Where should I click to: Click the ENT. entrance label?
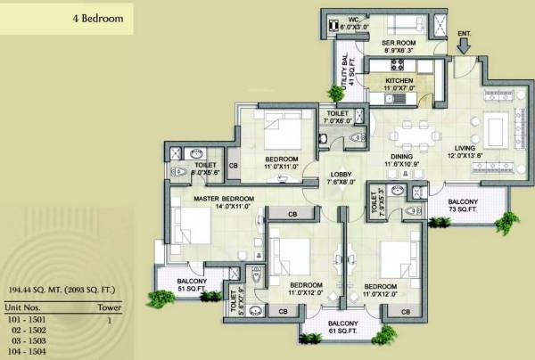point(464,34)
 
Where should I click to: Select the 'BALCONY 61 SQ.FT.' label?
point(342,327)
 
